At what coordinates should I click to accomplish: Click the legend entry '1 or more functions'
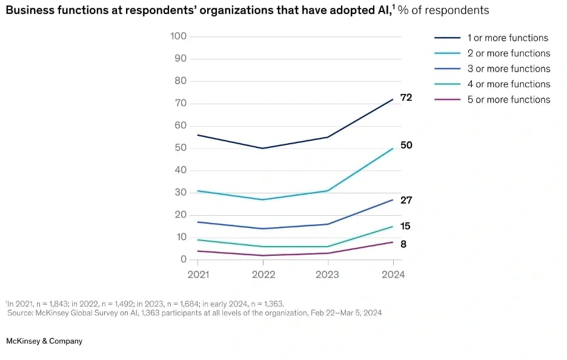tap(508, 38)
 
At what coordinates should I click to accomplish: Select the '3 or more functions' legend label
tap(508, 69)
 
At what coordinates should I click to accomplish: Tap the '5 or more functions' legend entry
tap(508, 100)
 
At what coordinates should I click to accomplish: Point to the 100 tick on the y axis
tap(179, 36)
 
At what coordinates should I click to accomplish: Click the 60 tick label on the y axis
tap(181, 125)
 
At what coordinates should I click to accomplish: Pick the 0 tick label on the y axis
tap(184, 259)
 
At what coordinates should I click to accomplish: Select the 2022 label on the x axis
tap(263, 275)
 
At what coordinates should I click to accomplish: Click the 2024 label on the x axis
tap(393, 275)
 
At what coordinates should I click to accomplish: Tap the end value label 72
tap(406, 98)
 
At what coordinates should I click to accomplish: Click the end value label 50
tap(406, 145)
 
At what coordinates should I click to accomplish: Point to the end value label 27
tap(406, 200)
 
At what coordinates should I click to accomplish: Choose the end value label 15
tap(406, 226)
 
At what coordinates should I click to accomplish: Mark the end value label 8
tap(403, 244)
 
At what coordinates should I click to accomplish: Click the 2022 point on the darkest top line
tap(263, 148)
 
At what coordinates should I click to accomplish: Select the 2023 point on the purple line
tap(328, 253)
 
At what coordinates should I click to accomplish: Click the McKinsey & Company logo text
tap(44, 341)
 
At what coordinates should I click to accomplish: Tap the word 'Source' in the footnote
tap(21, 313)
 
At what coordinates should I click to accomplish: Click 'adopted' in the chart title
tap(331, 10)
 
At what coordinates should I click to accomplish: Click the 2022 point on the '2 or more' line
tap(263, 199)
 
